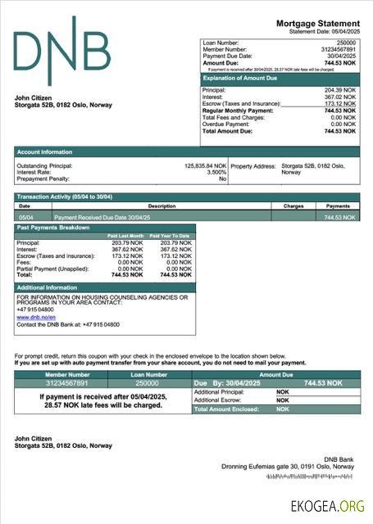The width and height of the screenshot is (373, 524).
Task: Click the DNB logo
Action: pyautogui.click(x=61, y=50)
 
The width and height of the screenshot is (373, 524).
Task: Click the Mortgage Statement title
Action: pyautogui.click(x=317, y=23)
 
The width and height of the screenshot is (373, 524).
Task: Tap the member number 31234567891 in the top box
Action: pyautogui.click(x=339, y=49)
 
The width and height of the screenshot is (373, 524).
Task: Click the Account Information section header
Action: pyautogui.click(x=45, y=151)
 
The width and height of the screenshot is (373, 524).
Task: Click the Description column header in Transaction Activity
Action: pyautogui.click(x=161, y=206)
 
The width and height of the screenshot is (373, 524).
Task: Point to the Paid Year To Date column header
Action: pyautogui.click(x=170, y=236)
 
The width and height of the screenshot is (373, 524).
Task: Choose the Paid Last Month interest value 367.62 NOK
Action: pyautogui.click(x=125, y=250)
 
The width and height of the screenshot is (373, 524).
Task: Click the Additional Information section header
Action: pyautogui.click(x=47, y=287)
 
